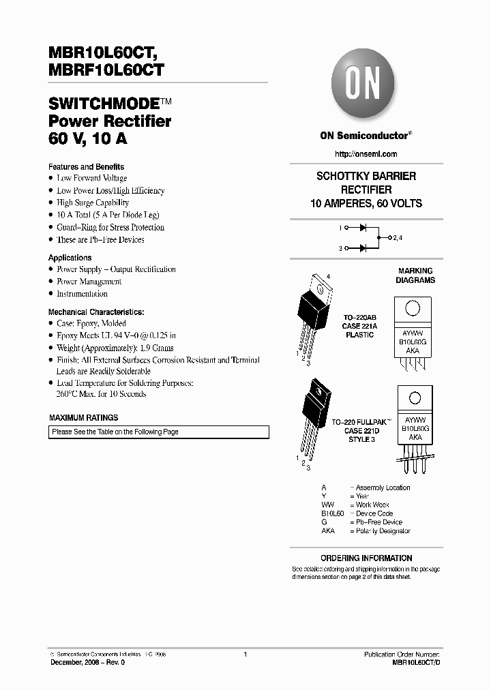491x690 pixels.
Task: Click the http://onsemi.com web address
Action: pyautogui.click(x=366, y=154)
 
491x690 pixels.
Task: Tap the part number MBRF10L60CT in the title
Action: pyautogui.click(x=106, y=69)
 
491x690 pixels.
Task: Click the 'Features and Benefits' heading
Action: pyautogui.click(x=86, y=166)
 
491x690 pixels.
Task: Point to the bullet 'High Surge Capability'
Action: pyautogui.click(x=93, y=203)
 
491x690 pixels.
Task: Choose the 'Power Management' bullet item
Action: pyautogui.click(x=89, y=282)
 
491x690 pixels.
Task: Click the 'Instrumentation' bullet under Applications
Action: pyautogui.click(x=83, y=294)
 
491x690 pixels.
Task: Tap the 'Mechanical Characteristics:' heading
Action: pyautogui.click(x=96, y=311)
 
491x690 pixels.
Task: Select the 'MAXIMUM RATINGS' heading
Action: pyautogui.click(x=83, y=417)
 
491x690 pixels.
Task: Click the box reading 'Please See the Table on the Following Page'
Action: pyautogui.click(x=159, y=432)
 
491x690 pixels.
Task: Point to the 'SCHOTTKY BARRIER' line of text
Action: pyautogui.click(x=366, y=176)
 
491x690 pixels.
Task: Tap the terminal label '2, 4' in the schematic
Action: pyautogui.click(x=398, y=237)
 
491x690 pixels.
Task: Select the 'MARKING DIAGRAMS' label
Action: pyautogui.click(x=416, y=275)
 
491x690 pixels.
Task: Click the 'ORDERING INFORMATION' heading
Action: pyautogui.click(x=366, y=558)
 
